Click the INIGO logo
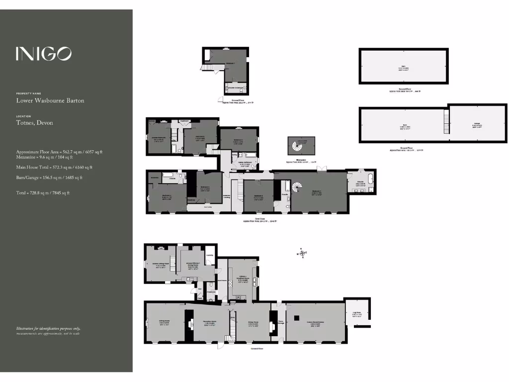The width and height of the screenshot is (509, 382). coord(43,54)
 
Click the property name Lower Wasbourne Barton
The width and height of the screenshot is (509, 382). coord(50,100)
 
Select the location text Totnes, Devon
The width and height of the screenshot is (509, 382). coord(34,123)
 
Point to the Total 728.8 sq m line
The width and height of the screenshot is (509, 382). coord(43,193)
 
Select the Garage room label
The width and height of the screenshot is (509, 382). coord(473,126)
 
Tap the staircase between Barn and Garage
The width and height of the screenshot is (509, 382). coord(446,121)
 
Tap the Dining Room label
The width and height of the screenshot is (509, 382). coord(253,324)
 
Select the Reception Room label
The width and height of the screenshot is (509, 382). coord(212,322)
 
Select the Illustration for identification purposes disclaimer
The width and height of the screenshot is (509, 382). coord(48,331)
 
